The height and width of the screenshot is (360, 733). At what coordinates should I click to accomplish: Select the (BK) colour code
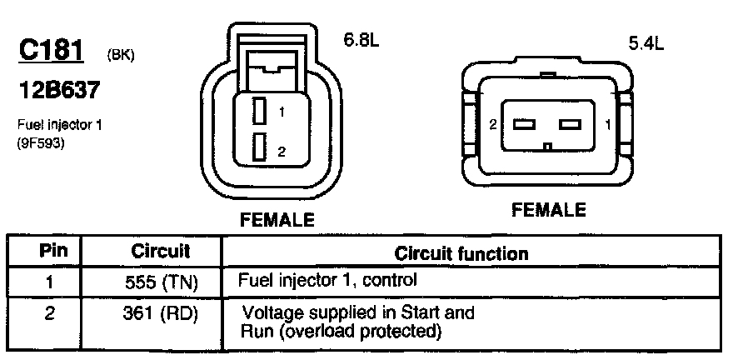pos(121,56)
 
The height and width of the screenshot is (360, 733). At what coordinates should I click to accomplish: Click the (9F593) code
pos(41,142)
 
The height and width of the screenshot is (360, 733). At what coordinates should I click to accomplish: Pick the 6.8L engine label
pos(362,39)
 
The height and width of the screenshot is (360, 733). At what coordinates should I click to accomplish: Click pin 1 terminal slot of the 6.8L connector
pos(260,111)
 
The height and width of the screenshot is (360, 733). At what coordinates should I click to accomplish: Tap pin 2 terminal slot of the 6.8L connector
pos(260,148)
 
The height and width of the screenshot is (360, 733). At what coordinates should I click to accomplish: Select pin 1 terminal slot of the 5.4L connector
pos(570,125)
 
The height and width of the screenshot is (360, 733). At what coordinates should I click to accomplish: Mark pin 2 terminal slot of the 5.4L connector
pos(522,125)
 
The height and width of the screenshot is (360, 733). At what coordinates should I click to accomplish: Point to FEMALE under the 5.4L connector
pos(548,210)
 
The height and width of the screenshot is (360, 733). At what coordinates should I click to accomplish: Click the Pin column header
pos(47,250)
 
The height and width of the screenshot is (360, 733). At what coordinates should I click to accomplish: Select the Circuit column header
pos(161,250)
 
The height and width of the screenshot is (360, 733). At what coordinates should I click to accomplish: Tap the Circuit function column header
pos(460,252)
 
